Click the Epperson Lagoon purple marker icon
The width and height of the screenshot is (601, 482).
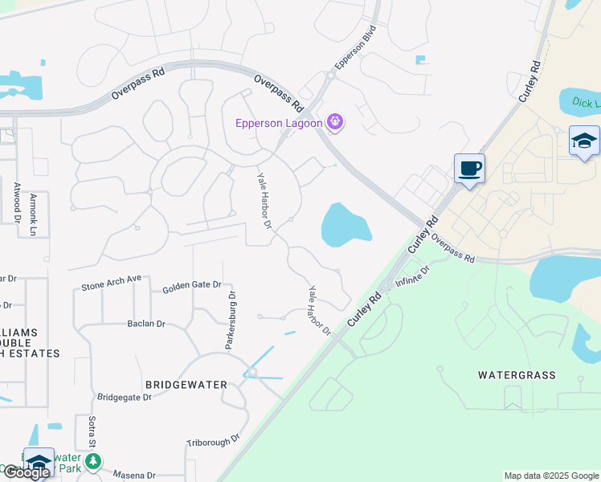coord(335,123)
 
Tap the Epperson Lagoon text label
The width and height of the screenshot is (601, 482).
coord(279,123)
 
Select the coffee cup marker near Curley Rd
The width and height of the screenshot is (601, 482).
coord(469,169)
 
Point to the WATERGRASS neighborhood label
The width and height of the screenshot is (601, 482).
coord(517,375)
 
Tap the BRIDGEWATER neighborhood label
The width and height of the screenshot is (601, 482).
coord(182,385)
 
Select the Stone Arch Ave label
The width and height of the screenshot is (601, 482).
coord(111,283)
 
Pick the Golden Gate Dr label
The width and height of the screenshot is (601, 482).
coord(191,288)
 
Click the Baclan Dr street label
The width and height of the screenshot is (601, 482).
coord(146,324)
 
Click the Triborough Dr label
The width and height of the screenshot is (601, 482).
coord(213,440)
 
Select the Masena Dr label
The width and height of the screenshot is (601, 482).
coord(134,475)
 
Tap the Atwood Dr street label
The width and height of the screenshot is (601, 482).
coord(16,202)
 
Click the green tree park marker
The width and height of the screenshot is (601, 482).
coord(94,462)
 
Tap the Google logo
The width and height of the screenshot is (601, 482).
coord(26,472)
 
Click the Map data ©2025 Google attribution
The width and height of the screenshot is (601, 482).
coord(550,476)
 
